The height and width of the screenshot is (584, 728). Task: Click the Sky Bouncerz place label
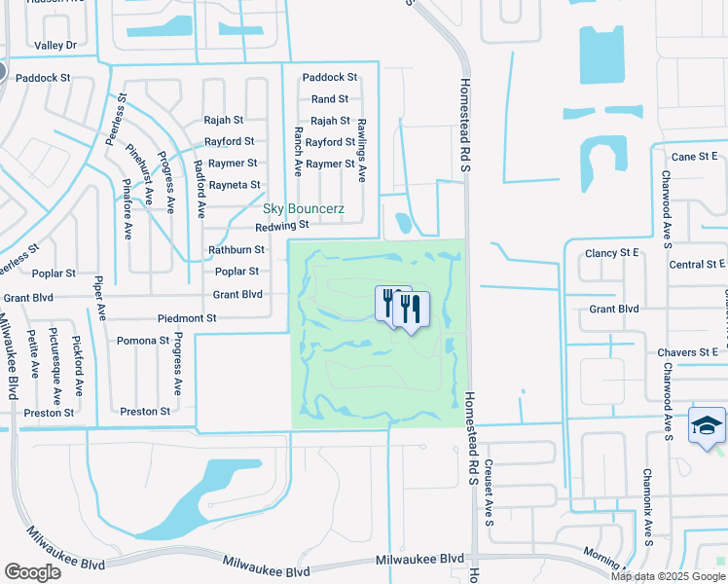coord(302,209)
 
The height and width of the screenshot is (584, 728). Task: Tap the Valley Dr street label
coord(55,45)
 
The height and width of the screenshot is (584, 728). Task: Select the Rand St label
coord(330,99)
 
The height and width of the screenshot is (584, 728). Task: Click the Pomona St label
coord(142,341)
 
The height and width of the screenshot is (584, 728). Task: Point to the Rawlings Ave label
coord(361,151)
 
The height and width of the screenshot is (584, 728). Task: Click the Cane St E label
coord(695,156)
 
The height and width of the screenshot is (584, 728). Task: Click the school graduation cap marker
coord(707,426)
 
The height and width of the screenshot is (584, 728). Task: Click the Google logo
coord(32,572)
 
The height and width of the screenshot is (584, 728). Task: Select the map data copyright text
coord(667,575)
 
